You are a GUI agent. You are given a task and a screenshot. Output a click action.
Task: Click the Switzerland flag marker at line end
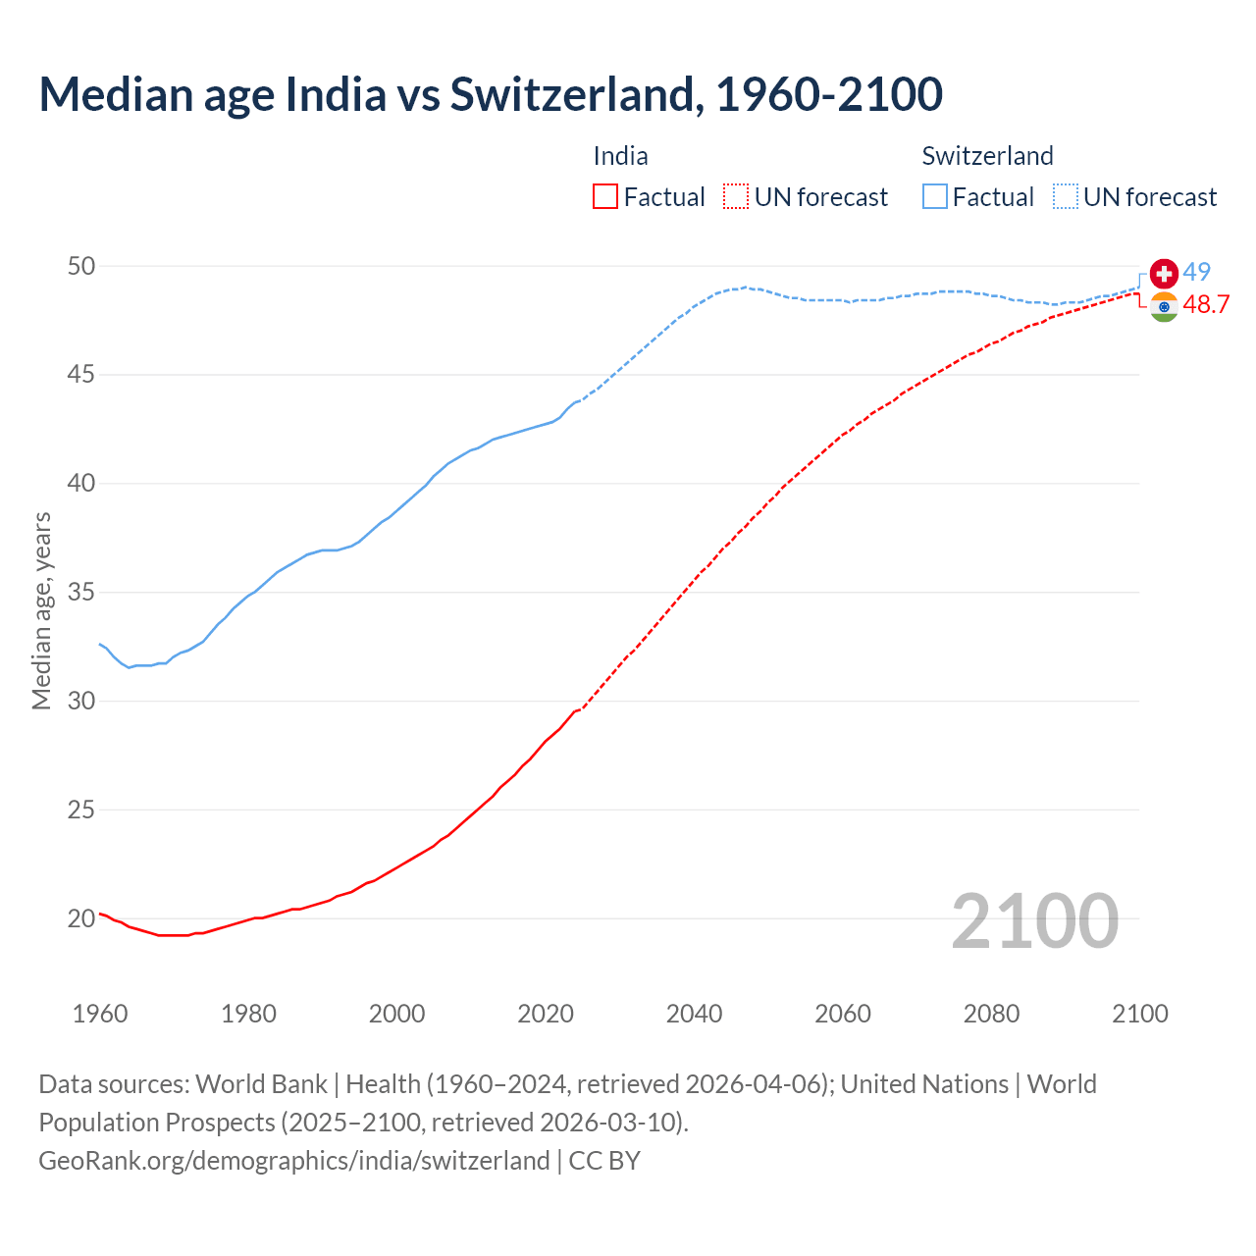point(1164,273)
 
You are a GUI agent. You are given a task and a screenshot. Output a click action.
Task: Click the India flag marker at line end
point(1164,306)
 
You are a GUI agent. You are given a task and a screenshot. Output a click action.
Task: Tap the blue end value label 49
point(1196,272)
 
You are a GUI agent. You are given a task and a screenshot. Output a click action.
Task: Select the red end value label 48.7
point(1205,305)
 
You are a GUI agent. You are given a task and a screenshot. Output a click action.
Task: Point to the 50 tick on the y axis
point(82,266)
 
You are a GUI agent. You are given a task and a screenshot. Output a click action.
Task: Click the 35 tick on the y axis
point(82,593)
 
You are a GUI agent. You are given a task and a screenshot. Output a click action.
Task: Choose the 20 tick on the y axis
point(82,918)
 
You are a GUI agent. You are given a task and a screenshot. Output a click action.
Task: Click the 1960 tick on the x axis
point(100,1014)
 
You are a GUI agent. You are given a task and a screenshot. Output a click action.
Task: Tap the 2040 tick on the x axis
point(694,1014)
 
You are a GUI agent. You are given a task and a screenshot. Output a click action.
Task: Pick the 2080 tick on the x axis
point(991,1014)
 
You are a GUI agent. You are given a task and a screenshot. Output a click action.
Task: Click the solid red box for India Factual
point(605,197)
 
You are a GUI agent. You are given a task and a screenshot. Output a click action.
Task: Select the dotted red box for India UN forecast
point(736,197)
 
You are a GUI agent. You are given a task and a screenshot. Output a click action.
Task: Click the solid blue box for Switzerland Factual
point(935,197)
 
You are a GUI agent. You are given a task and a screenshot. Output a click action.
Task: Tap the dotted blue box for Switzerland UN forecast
point(1066,197)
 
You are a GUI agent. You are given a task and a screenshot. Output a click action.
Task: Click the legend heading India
point(620,156)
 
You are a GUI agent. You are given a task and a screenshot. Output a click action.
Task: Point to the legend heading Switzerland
point(987,156)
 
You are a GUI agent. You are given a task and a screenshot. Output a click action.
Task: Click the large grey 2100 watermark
point(1034,920)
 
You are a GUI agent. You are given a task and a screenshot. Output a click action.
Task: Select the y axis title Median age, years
point(41,610)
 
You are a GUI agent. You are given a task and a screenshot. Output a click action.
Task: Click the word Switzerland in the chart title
point(576,94)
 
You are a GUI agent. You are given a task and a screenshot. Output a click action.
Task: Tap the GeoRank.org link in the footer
point(293,1160)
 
